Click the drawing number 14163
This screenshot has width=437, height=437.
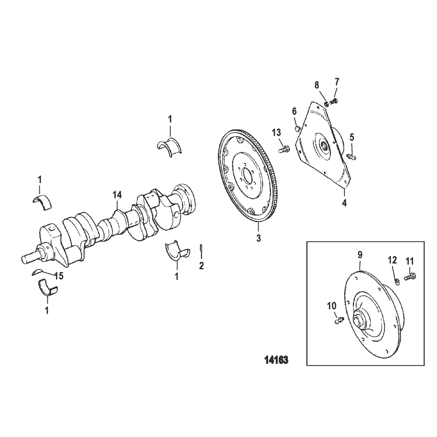[x=276, y=360]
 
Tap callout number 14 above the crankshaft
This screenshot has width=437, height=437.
[x=117, y=195]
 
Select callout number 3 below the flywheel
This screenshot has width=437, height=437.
[x=259, y=238]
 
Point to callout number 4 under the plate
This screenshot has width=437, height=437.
[x=344, y=203]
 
